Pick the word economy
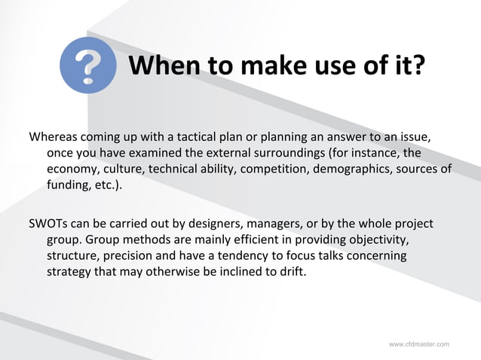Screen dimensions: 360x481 point(74,169)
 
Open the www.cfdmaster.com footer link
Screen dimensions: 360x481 point(418,344)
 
